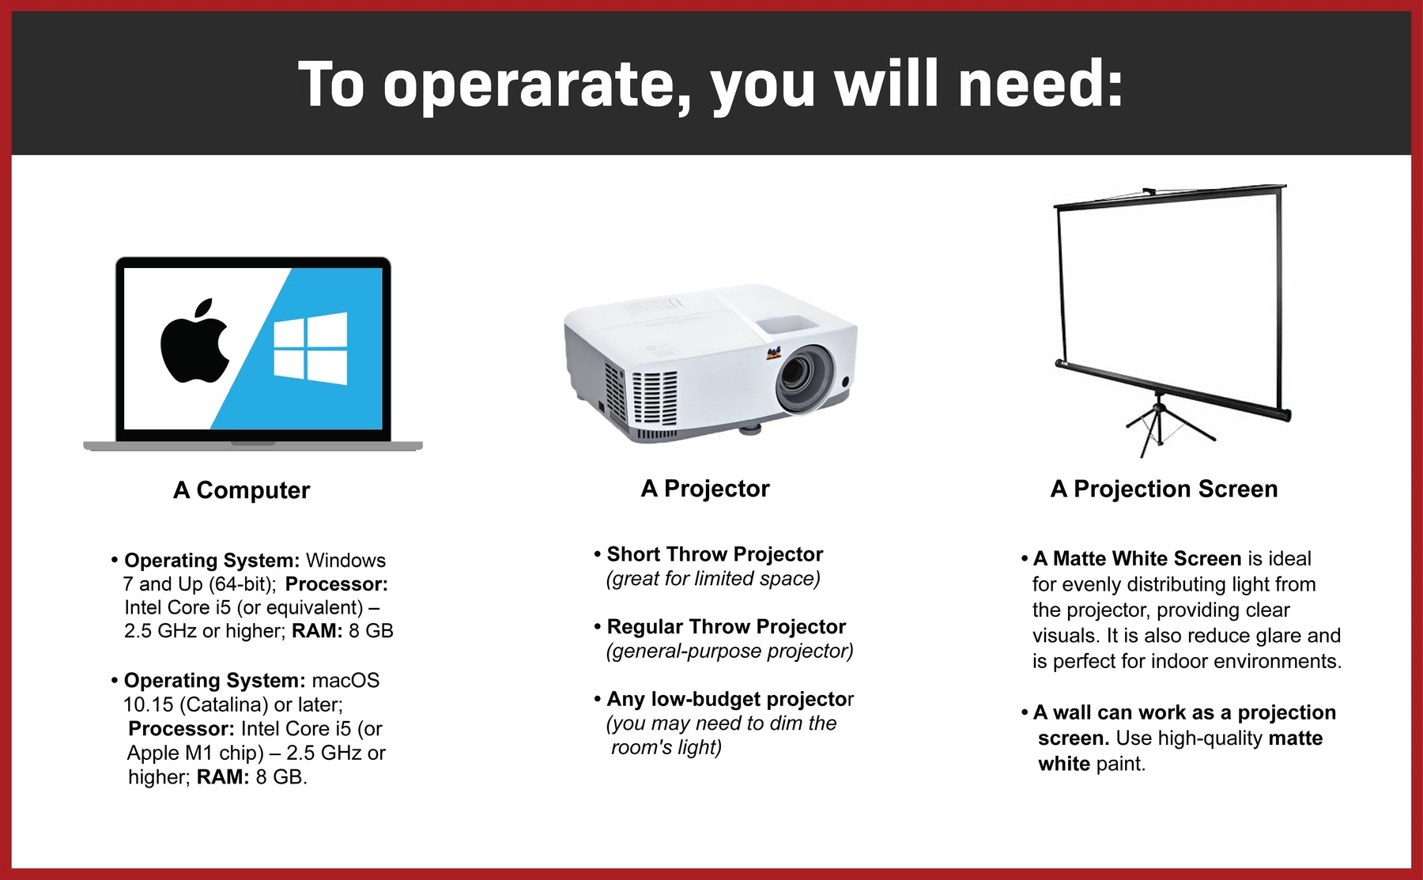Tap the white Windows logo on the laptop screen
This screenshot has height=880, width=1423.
[x=310, y=349]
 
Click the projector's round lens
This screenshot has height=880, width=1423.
[x=804, y=378]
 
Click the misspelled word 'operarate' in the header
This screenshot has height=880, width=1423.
[x=538, y=85]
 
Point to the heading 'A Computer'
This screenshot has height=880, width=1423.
[x=242, y=490]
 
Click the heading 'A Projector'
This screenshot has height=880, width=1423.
[x=705, y=489]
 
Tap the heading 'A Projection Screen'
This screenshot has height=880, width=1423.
[x=1164, y=489]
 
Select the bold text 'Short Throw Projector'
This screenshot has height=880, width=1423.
[x=715, y=554]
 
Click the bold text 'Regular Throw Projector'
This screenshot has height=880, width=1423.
[x=726, y=627]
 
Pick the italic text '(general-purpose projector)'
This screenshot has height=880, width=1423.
[x=730, y=652]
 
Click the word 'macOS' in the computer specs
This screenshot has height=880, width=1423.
[x=345, y=681]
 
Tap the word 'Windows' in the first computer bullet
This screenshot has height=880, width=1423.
[x=345, y=561]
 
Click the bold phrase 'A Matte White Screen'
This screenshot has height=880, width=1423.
[x=1137, y=559]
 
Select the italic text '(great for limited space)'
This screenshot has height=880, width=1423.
[x=713, y=579]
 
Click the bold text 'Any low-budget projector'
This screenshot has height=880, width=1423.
[x=730, y=700]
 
